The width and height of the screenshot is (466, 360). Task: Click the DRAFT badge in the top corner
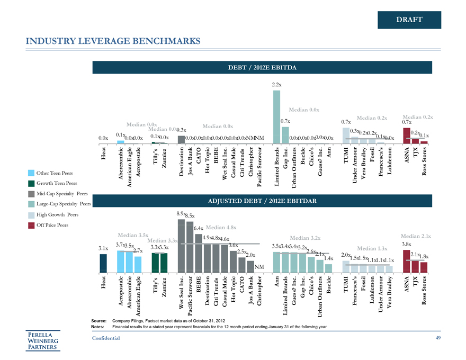point(409,20)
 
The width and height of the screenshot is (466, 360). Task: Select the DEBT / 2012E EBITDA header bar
point(262,68)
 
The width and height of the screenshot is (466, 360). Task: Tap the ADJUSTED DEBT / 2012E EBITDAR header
point(262,201)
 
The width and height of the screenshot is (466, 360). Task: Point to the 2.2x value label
point(276,85)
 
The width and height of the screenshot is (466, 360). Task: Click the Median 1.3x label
point(373,248)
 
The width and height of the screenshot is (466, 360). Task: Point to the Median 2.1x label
point(416,236)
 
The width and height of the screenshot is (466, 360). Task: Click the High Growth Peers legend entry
point(57,214)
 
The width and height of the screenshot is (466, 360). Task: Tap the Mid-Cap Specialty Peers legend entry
point(61,194)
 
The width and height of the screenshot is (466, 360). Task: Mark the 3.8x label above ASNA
point(407,244)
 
